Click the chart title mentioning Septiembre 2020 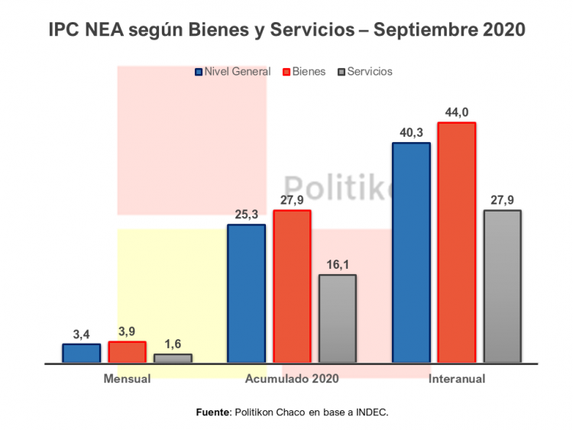[286, 30]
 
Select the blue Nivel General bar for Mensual [81, 353]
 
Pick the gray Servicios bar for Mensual [173, 357]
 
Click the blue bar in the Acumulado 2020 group [246, 293]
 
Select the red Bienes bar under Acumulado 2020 [292, 286]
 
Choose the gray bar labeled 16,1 [337, 318]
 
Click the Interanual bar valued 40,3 [411, 252]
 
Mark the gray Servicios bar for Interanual [503, 286]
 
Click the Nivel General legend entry [233, 72]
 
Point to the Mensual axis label [127, 378]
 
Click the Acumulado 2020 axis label [292, 378]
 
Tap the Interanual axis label [457, 378]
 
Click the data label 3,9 [127, 331]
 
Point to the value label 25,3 [246, 214]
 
